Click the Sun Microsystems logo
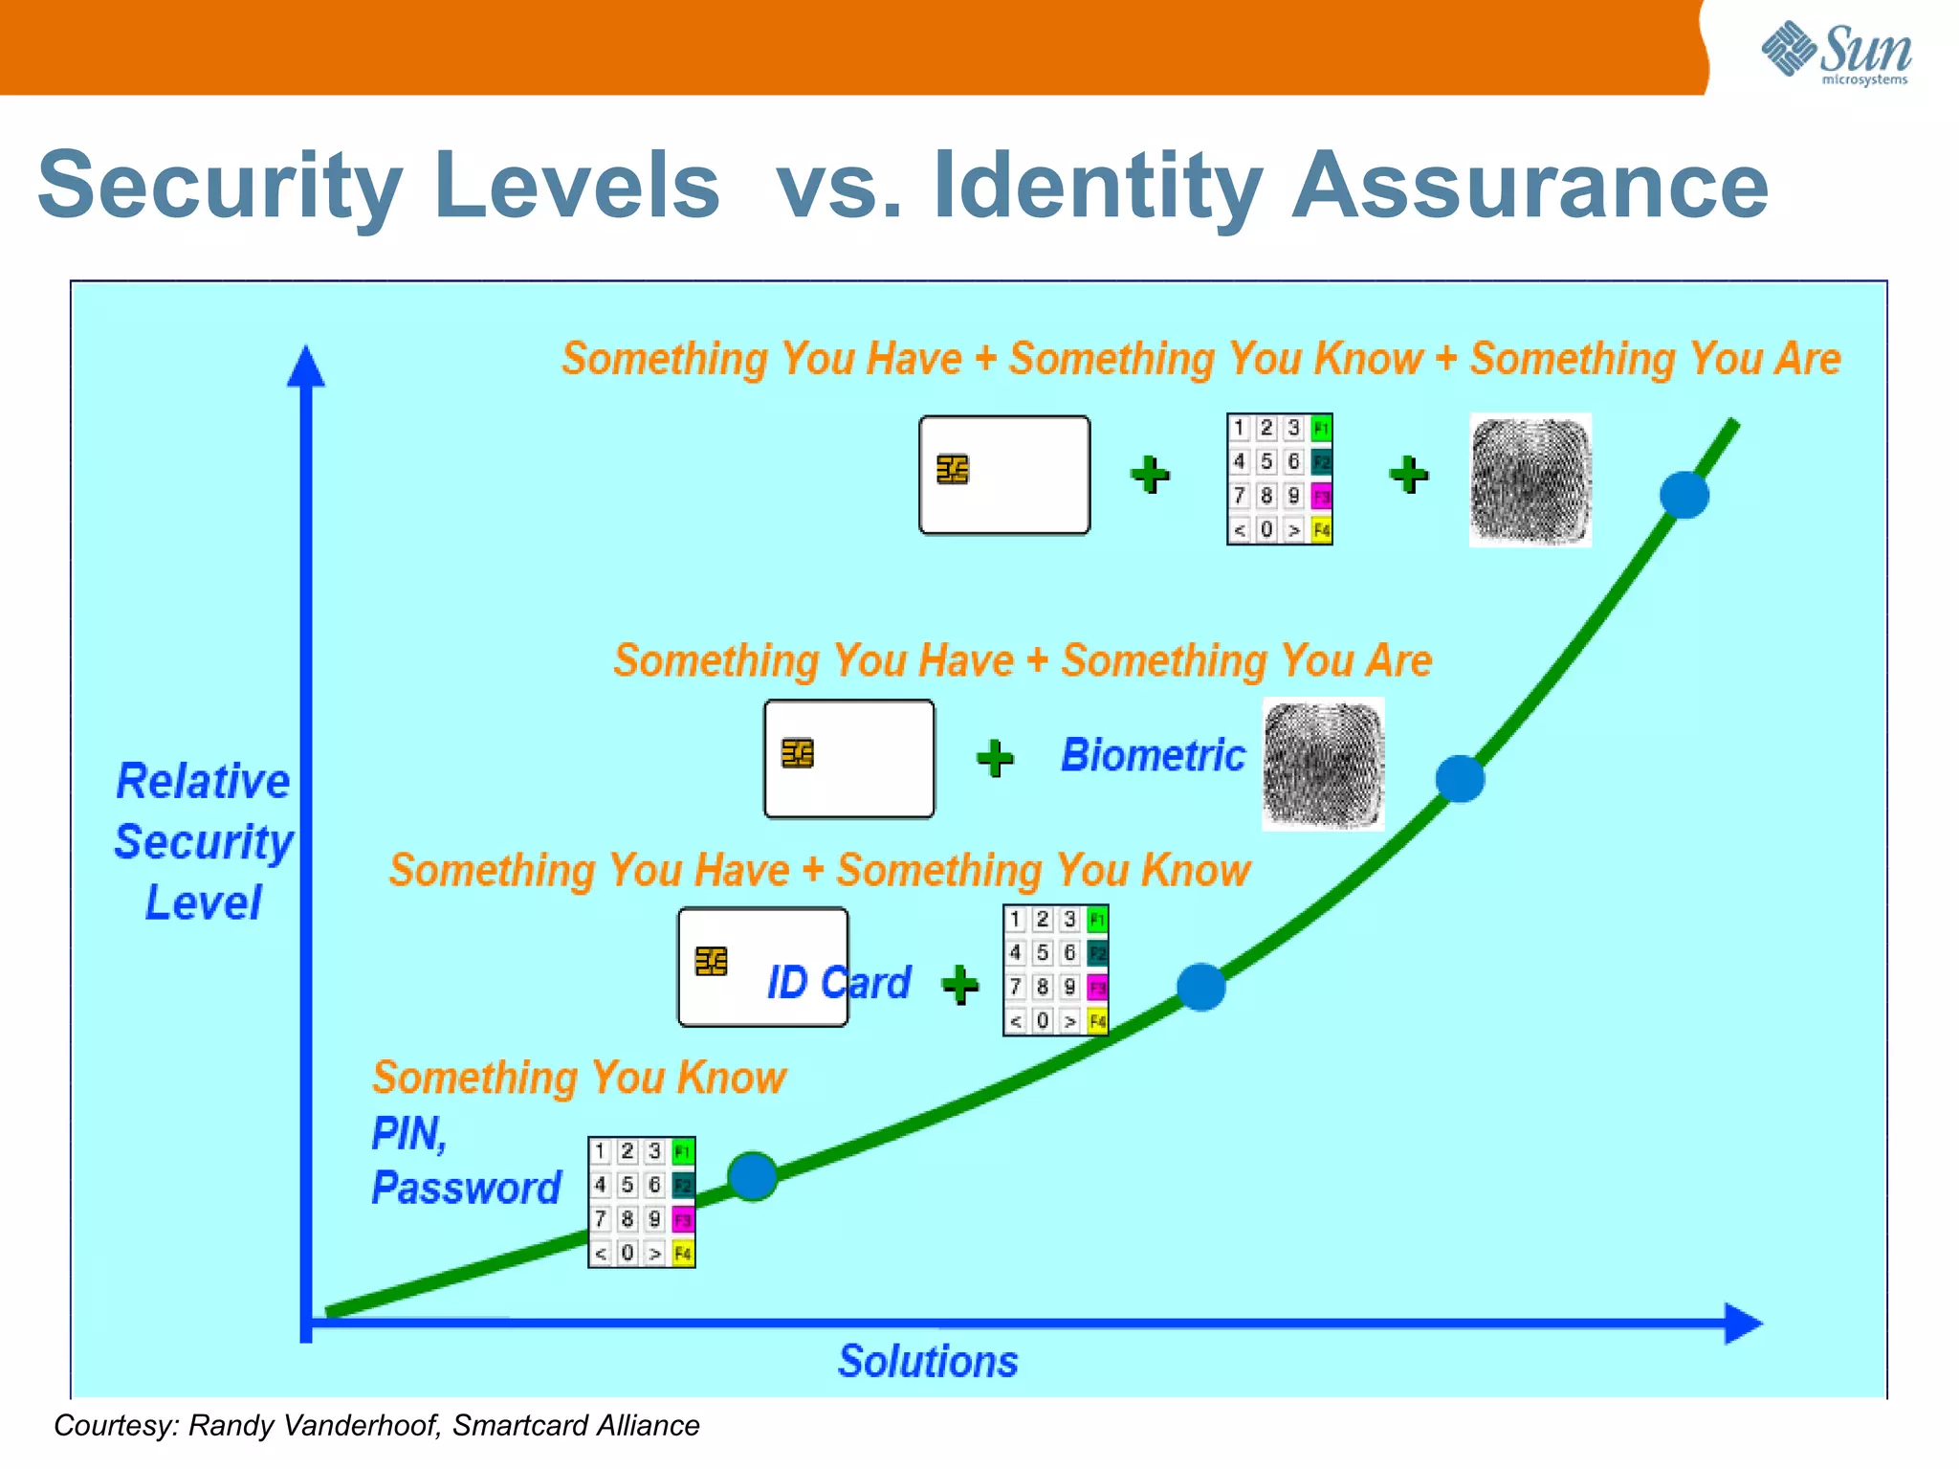1837,53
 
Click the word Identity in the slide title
1098,187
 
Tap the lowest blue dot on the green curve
753,1176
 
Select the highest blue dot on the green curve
1684,495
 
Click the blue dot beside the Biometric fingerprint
1460,778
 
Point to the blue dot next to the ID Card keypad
1201,987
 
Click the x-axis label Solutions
928,1361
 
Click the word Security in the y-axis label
204,842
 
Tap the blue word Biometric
1153,755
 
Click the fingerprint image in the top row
1530,480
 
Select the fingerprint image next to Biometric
1323,764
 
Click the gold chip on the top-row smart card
953,470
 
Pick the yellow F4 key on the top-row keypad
1321,529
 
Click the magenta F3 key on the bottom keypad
682,1219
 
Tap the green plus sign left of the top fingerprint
1409,474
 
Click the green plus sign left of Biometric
995,758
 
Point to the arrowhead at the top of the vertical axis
306,367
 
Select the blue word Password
466,1188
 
